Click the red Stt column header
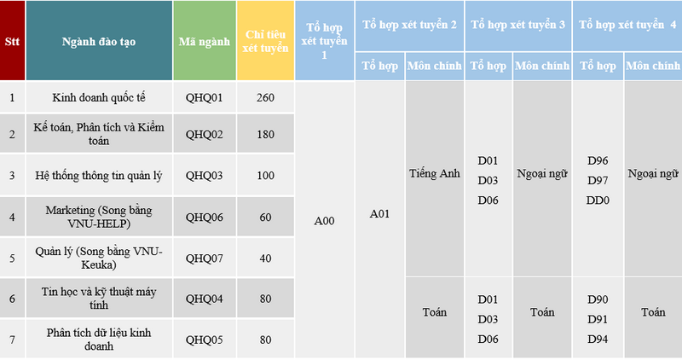[x=12, y=41]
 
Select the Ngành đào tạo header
[x=99, y=41]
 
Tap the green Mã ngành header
[x=205, y=41]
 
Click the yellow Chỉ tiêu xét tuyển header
[x=265, y=41]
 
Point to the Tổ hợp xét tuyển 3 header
[x=518, y=25]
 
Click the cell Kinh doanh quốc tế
[x=99, y=97]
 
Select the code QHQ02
[x=205, y=135]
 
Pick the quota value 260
[x=265, y=97]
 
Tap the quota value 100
[x=265, y=176]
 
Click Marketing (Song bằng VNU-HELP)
[x=99, y=217]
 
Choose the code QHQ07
[x=205, y=258]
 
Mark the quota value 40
[x=265, y=258]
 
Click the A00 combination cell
[x=325, y=221]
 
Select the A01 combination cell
[x=379, y=214]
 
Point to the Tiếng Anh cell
[x=435, y=174]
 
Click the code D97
[x=598, y=180]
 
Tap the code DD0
[x=598, y=200]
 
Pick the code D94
[x=598, y=340]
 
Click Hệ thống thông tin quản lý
[x=99, y=176]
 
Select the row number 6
[x=12, y=299]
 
